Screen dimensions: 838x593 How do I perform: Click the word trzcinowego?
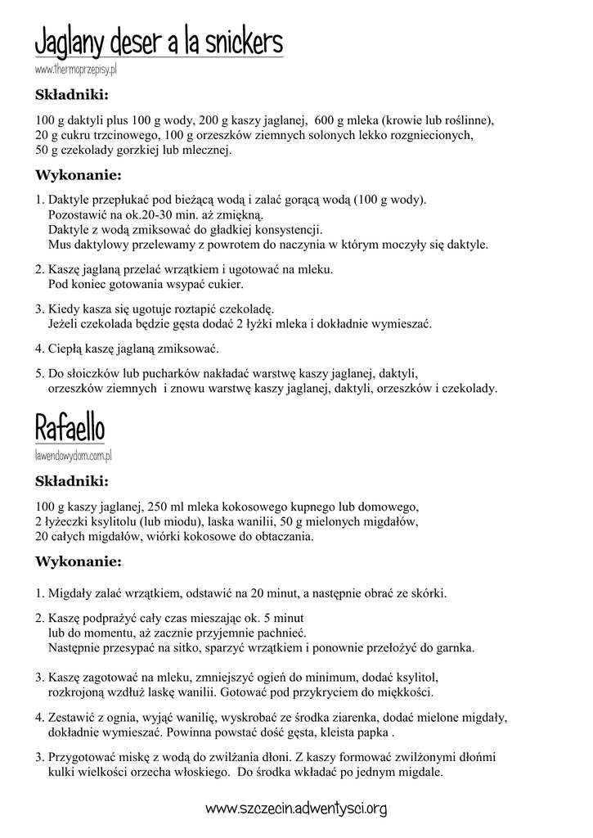(x=118, y=135)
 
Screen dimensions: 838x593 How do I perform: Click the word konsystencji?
(x=278, y=229)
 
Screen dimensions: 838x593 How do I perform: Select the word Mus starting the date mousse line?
(x=58, y=244)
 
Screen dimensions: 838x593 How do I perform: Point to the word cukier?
(x=224, y=284)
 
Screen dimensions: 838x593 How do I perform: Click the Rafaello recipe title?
(x=70, y=427)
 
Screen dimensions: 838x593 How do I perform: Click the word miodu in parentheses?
(x=186, y=520)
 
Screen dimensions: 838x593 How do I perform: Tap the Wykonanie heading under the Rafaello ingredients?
(x=79, y=562)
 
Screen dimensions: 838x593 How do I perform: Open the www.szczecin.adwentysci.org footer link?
(x=296, y=809)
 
